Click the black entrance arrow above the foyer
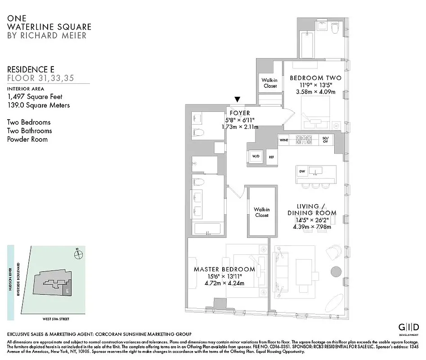pyautogui.click(x=238, y=99)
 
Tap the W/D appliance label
pyautogui.click(x=256, y=157)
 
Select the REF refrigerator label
pyautogui.click(x=271, y=157)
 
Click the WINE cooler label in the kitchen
pyautogui.click(x=284, y=140)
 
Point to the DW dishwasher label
pyautogui.click(x=302, y=171)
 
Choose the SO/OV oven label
pyautogui.click(x=326, y=140)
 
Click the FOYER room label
pyautogui.click(x=239, y=113)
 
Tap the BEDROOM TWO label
pyautogui.click(x=315, y=78)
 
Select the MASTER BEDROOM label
pyautogui.click(x=224, y=269)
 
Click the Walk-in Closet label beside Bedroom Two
pyautogui.click(x=270, y=83)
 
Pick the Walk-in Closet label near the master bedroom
pyautogui.click(x=261, y=212)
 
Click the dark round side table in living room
pyautogui.click(x=336, y=272)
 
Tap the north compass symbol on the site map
pyautogui.click(x=79, y=253)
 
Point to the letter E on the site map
pyautogui.click(x=67, y=291)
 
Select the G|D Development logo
pyautogui.click(x=409, y=328)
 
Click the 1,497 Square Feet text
pyautogui.click(x=35, y=97)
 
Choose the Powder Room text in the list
pyautogui.click(x=27, y=139)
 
